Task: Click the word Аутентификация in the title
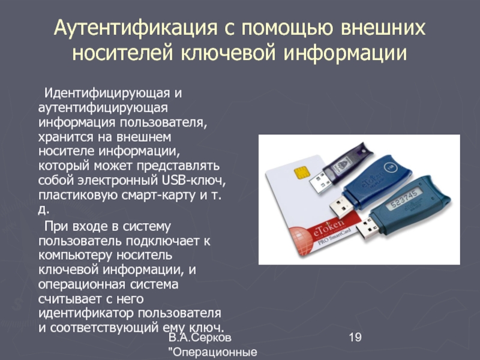[x=136, y=28]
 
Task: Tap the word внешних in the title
[x=383, y=28]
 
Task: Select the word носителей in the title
[x=123, y=53]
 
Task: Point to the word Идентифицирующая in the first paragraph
[x=107, y=93]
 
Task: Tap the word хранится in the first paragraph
[x=66, y=137]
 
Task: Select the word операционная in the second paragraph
[x=82, y=284]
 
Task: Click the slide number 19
[x=355, y=337]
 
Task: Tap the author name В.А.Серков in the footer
[x=200, y=337]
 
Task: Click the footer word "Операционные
[x=213, y=352]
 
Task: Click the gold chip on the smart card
[x=302, y=173]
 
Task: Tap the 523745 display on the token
[x=404, y=199]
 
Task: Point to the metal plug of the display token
[x=368, y=228]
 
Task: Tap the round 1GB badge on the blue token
[x=389, y=167]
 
